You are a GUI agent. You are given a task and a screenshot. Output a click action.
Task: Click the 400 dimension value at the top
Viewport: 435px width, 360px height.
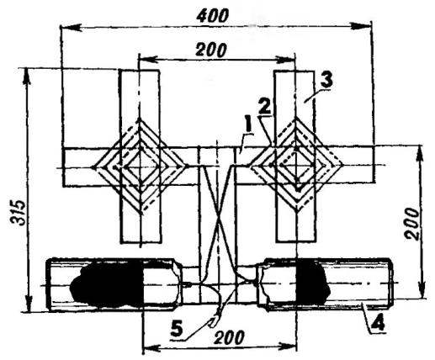pos(212,16)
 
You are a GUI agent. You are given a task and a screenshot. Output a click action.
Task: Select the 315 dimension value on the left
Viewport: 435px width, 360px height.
pos(19,213)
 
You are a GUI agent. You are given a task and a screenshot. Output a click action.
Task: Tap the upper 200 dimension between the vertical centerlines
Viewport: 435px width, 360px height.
pos(210,50)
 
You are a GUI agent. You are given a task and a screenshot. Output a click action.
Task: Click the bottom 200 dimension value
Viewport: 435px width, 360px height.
pos(229,337)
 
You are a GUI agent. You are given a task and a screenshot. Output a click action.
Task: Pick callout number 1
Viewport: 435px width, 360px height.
pos(247,130)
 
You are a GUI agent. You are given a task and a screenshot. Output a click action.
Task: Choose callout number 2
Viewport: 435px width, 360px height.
pos(265,108)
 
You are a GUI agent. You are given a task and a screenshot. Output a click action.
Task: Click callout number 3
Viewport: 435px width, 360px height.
pos(326,81)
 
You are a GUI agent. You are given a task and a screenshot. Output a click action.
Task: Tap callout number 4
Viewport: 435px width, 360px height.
pos(378,325)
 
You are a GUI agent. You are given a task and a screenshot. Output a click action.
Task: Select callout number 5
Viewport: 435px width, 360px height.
pos(177,330)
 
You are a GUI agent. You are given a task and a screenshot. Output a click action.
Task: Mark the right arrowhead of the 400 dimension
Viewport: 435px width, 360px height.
pos(362,26)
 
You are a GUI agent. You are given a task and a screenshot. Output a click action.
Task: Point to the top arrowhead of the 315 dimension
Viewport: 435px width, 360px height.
pos(27,77)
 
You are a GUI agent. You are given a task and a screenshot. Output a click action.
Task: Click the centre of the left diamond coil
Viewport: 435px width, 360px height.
pos(140,167)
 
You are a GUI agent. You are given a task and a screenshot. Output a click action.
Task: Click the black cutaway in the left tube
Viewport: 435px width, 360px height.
pos(108,283)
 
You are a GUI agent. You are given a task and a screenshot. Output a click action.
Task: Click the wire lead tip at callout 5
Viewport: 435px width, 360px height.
pos(212,323)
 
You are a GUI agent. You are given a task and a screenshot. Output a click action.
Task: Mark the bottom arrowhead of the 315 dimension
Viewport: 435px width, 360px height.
pos(28,304)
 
